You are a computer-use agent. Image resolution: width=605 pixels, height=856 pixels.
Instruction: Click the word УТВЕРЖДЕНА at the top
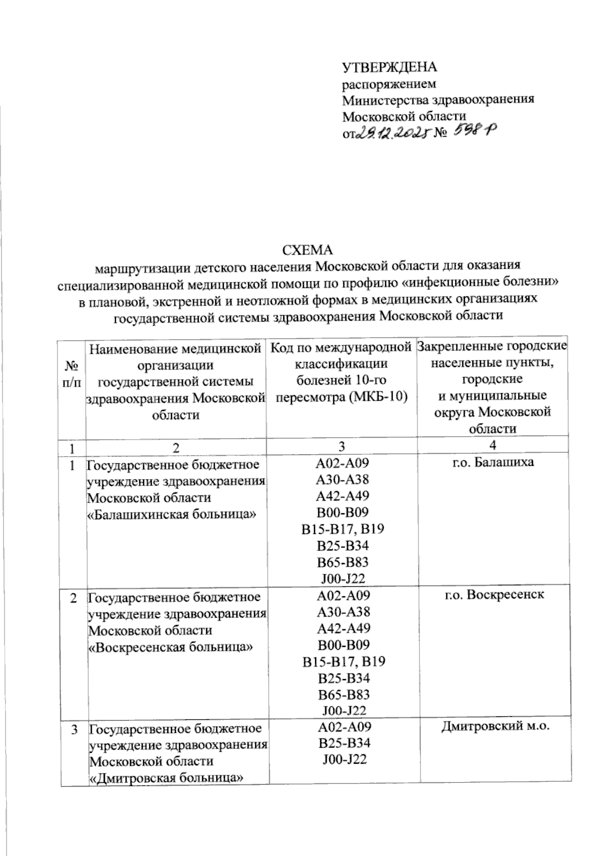point(389,68)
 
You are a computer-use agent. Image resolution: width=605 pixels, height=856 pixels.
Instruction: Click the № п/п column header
point(72,374)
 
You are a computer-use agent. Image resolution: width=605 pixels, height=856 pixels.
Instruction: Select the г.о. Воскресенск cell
point(494,594)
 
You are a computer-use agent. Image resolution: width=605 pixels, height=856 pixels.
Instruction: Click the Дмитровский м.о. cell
point(494,726)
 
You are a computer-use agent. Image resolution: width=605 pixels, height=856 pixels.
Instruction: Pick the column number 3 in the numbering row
point(342,446)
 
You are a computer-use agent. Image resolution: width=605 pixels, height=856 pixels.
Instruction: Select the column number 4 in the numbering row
point(493,445)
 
